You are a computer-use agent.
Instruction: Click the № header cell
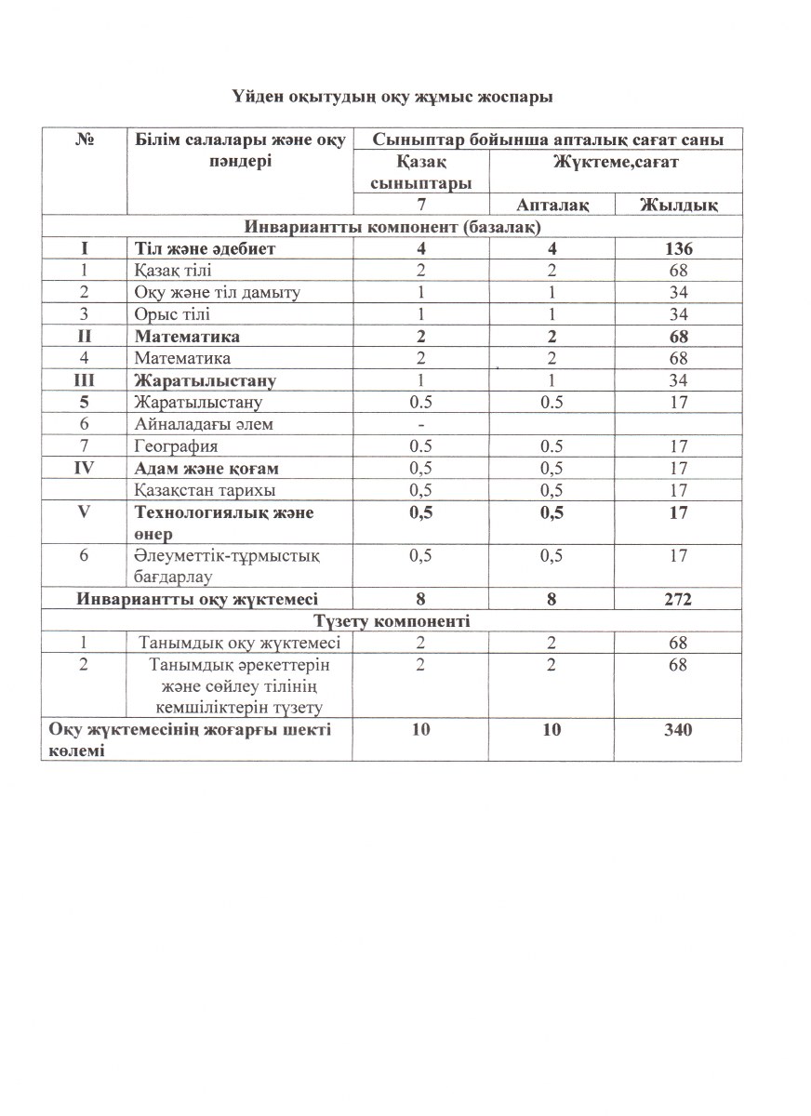click(85, 140)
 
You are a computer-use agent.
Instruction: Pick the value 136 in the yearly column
click(678, 249)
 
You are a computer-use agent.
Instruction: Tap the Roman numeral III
click(85, 380)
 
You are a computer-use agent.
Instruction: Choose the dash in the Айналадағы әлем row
click(421, 424)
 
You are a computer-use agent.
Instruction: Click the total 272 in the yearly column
click(678, 600)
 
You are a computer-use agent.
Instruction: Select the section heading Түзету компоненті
click(392, 621)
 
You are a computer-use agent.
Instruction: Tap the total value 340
click(678, 730)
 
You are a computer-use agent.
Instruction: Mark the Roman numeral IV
click(85, 468)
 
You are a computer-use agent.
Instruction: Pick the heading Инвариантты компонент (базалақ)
click(392, 227)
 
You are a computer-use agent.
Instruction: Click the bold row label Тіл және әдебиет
click(205, 249)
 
